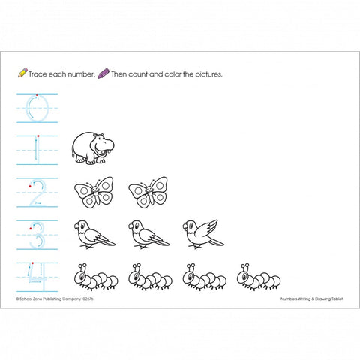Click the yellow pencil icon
click(x=22, y=72)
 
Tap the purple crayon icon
click(x=103, y=73)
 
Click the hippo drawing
click(x=93, y=148)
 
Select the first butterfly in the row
click(x=94, y=192)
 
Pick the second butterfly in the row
click(x=148, y=192)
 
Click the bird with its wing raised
click(x=203, y=234)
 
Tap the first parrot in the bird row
click(x=94, y=235)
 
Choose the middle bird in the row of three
click(x=149, y=235)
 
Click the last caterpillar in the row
click(x=259, y=277)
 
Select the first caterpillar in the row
click(x=96, y=277)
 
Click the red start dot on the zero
click(x=37, y=95)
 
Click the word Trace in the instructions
click(x=37, y=74)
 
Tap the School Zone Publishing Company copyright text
click(x=55, y=298)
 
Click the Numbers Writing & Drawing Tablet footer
click(x=311, y=298)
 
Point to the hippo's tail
click(x=73, y=152)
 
